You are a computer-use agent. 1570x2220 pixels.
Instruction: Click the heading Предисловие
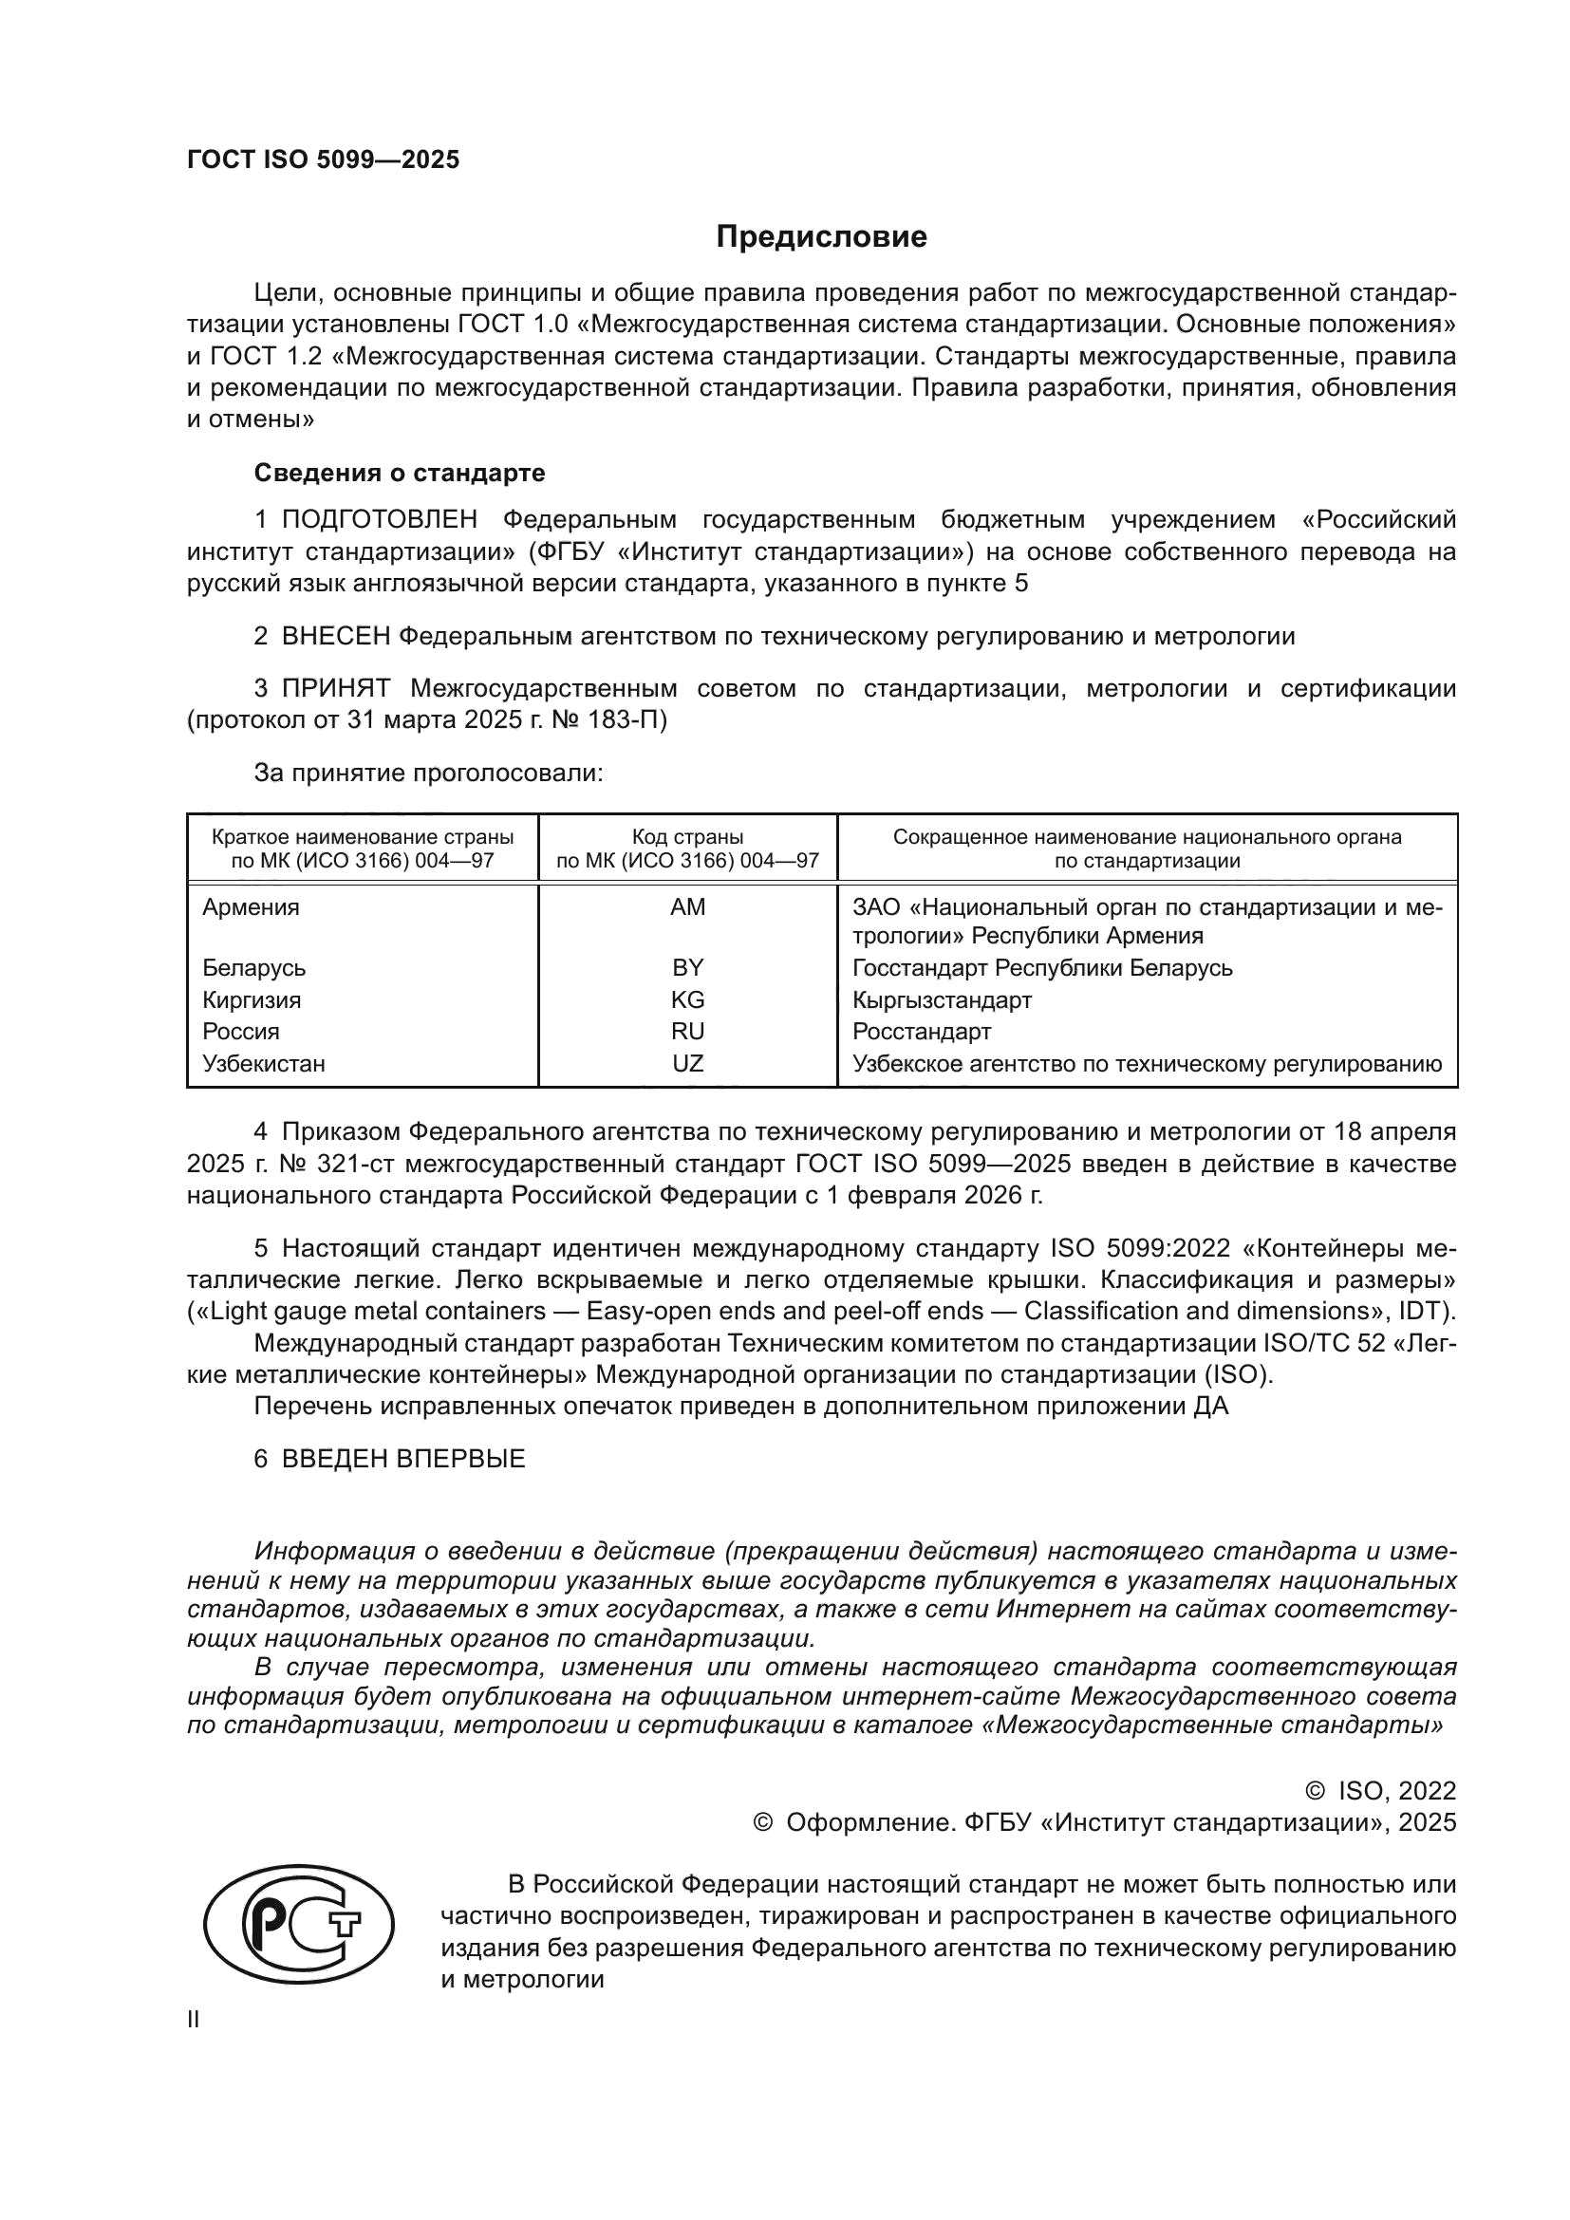pos(821,237)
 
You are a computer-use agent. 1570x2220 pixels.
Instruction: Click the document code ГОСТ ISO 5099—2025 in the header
pos(323,160)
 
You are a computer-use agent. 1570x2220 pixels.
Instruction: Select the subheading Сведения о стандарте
pos(400,473)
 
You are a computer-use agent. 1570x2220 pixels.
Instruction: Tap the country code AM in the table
pos(687,907)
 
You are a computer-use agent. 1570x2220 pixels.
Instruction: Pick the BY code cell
pos(687,968)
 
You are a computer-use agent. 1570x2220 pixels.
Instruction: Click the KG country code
pos(687,999)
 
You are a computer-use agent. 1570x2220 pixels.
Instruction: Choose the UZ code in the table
pos(687,1064)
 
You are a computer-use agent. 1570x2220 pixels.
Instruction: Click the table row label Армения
pos(251,907)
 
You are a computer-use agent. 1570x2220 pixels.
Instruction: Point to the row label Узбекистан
pos(263,1064)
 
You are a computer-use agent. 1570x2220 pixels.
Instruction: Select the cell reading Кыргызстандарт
pos(942,999)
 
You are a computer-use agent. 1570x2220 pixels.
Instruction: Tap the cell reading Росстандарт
pos(922,1032)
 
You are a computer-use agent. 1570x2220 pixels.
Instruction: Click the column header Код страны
pos(687,837)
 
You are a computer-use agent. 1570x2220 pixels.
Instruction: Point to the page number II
pos(194,2019)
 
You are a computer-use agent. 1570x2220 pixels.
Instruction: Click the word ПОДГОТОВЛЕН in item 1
pos(379,520)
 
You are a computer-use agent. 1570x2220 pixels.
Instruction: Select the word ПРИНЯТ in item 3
pos(335,688)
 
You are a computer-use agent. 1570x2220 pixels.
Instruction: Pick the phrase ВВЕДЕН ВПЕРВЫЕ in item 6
pos(403,1458)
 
